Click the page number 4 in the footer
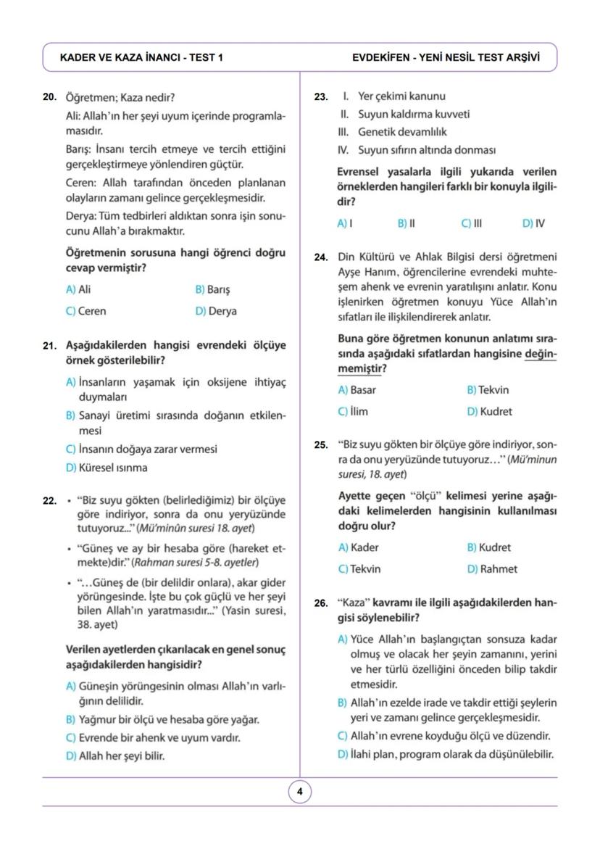300,792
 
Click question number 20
49,97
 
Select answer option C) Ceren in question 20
86,311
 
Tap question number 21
49,346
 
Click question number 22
49,500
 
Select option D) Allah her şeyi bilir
114,756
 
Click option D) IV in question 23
534,223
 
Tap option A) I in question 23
345,223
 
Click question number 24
321,257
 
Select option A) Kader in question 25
358,547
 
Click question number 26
321,603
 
